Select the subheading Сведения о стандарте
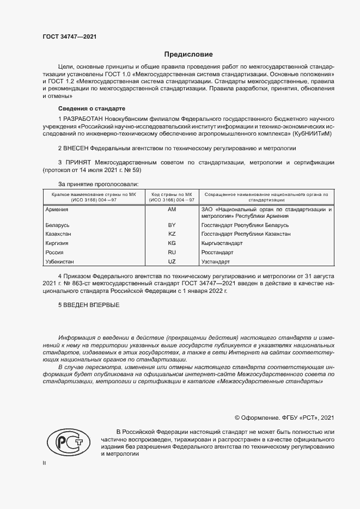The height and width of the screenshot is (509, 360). pos(91,108)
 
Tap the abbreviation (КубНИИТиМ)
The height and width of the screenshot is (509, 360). pos(312,133)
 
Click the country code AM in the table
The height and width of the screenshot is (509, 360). pos(172,209)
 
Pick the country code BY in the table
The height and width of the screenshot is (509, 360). pos(172,225)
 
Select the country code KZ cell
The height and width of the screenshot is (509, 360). pos(172,234)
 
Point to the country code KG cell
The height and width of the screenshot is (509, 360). pos(172,243)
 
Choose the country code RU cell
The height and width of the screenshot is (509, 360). pos(172,253)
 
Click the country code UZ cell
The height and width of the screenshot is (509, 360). pos(172,262)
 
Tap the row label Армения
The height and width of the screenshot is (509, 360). pos(57,209)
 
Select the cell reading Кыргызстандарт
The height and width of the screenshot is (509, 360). pos(222,243)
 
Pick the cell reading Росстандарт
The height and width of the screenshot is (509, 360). pos(217,253)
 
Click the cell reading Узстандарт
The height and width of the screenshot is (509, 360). pos(216,262)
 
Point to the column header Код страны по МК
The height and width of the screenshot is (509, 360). pos(172,194)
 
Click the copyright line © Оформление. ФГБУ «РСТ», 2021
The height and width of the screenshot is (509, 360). pos(284,418)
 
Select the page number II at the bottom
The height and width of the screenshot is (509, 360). pos(45,463)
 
